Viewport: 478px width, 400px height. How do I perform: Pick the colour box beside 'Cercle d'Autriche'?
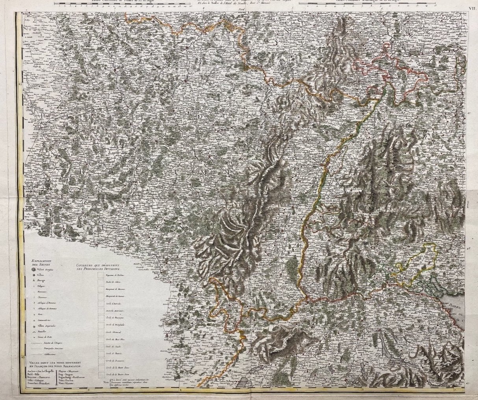click(100, 304)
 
